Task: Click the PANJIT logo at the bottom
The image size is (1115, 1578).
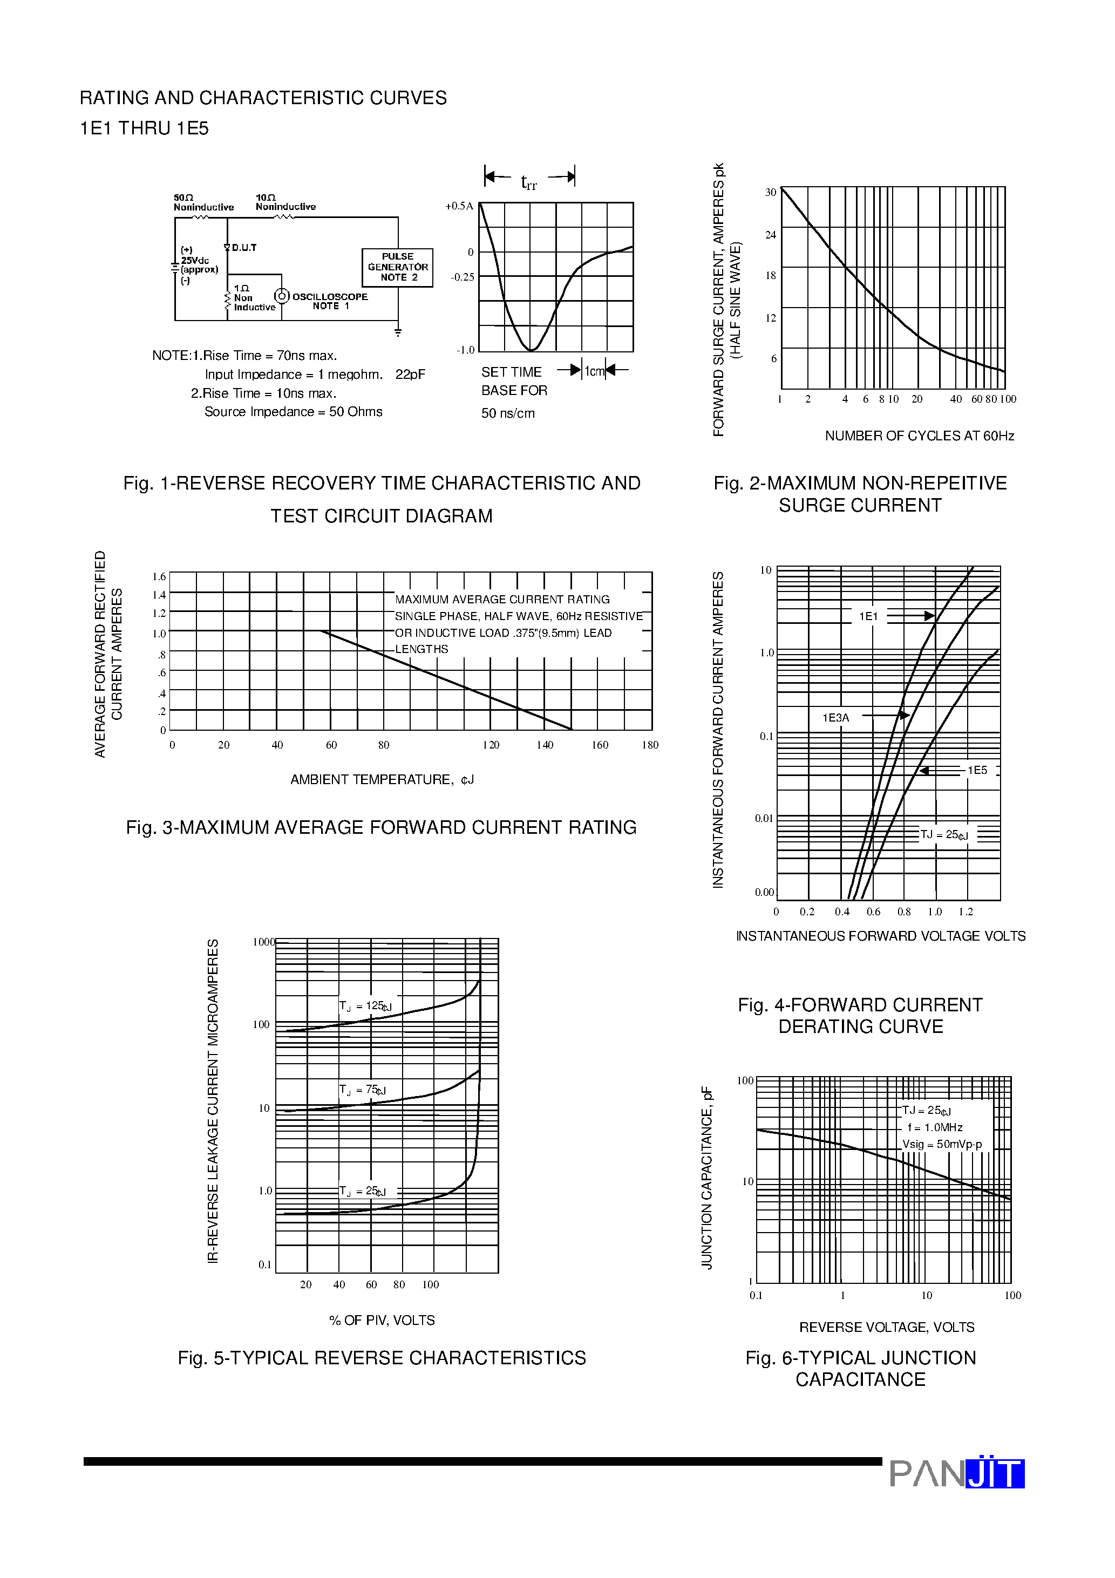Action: pyautogui.click(x=956, y=1473)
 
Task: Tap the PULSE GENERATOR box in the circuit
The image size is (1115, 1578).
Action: pyautogui.click(x=397, y=267)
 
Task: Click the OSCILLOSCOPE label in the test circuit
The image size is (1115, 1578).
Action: pyautogui.click(x=330, y=297)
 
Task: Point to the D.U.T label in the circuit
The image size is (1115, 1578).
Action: pyautogui.click(x=244, y=247)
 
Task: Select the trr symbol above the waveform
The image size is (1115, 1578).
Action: pyautogui.click(x=529, y=182)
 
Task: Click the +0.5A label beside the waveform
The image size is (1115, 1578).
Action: pyautogui.click(x=459, y=206)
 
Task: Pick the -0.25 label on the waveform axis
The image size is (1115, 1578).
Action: pyautogui.click(x=462, y=277)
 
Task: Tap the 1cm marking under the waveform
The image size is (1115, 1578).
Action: pyautogui.click(x=594, y=371)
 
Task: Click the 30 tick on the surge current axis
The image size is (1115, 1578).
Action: pyautogui.click(x=771, y=193)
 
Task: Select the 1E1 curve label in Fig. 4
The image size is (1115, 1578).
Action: pyautogui.click(x=868, y=616)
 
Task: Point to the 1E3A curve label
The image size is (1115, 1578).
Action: pyautogui.click(x=836, y=718)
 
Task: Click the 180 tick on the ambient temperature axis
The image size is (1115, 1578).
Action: pyautogui.click(x=650, y=745)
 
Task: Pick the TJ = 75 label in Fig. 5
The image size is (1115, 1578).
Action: pyautogui.click(x=362, y=1090)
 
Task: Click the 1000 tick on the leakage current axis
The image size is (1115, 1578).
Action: pyautogui.click(x=263, y=942)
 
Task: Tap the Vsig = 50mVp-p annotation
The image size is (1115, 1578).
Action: pyautogui.click(x=942, y=1144)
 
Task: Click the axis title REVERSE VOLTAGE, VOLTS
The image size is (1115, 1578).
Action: pyautogui.click(x=886, y=1327)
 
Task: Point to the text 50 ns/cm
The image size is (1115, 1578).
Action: pyautogui.click(x=508, y=413)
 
